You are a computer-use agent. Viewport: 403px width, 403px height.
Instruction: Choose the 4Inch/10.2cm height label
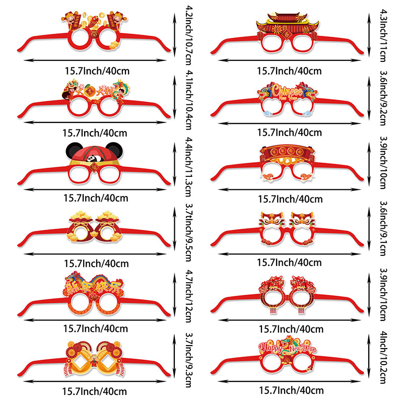coord(384,364)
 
